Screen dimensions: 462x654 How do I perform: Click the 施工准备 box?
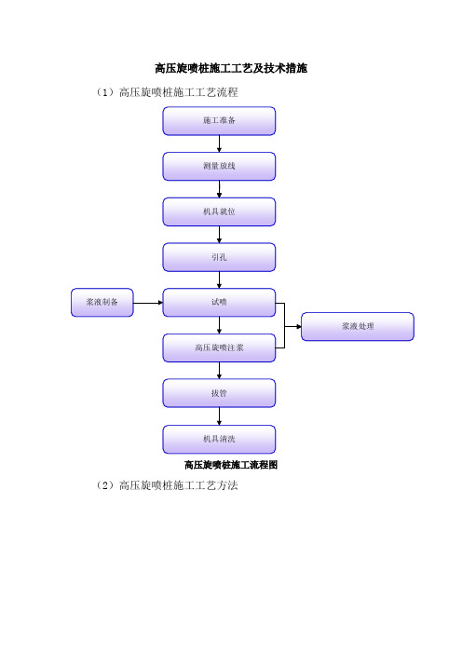[219, 121]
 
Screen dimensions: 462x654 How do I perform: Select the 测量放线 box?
[219, 167]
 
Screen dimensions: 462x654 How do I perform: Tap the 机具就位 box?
[219, 211]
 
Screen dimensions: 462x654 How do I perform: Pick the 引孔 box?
[219, 257]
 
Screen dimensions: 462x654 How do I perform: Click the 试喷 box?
[219, 303]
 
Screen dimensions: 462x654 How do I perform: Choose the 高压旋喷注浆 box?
[219, 347]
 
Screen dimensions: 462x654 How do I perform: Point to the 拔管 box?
[219, 393]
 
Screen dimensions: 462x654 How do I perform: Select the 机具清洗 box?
[219, 439]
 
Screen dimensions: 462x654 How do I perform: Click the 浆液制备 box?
[102, 303]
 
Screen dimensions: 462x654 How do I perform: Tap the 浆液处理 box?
[358, 327]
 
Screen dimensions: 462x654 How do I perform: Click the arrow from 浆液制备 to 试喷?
[148, 303]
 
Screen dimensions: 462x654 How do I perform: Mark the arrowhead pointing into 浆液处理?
[299, 327]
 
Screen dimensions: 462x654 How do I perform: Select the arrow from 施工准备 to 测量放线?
[219, 143]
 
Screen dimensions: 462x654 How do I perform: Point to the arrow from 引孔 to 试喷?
[219, 279]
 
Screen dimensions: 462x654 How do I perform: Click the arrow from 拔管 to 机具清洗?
[219, 416]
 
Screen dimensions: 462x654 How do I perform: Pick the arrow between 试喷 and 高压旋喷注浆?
[219, 325]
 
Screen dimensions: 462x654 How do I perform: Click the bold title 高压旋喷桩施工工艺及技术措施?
[231, 68]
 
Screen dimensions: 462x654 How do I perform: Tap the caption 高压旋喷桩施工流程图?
[231, 465]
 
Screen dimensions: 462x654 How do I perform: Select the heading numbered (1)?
[167, 92]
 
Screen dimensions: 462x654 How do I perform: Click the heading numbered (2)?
[167, 485]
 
